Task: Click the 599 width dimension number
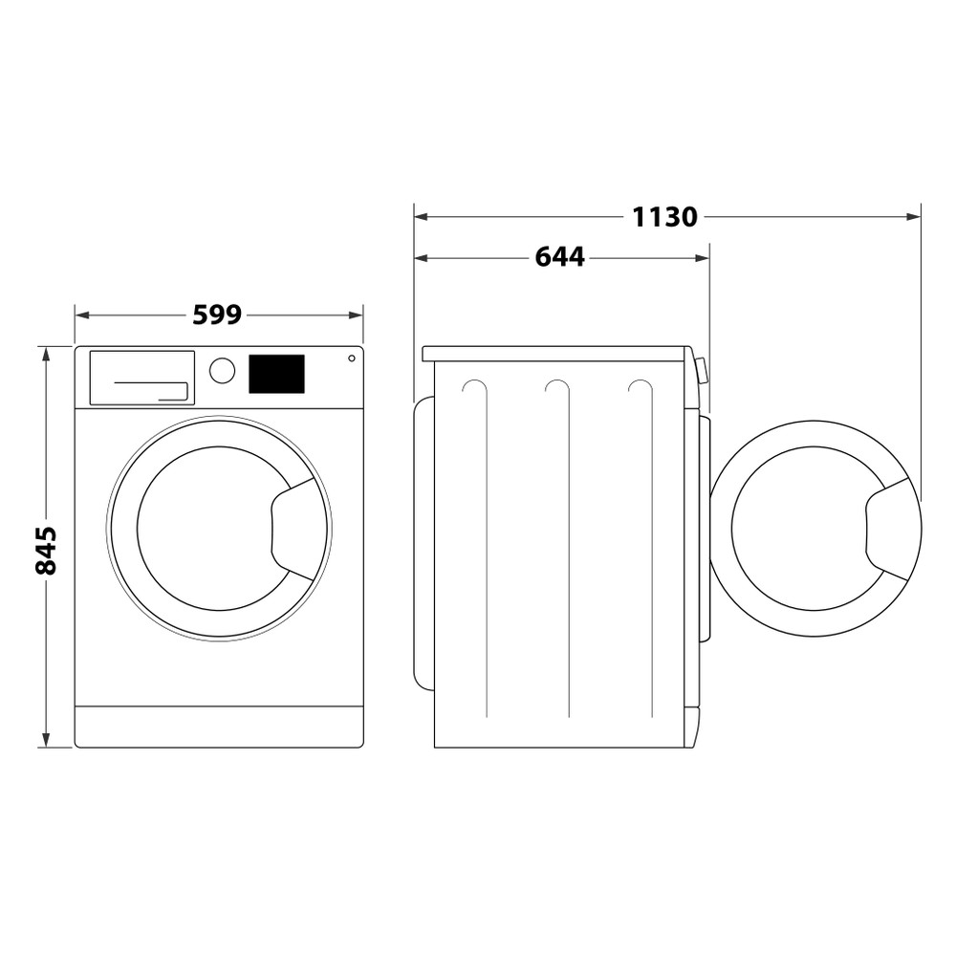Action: click(x=217, y=315)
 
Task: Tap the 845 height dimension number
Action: click(x=46, y=550)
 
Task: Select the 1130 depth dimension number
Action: click(x=664, y=217)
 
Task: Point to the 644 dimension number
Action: click(x=559, y=257)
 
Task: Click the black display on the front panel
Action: click(x=276, y=374)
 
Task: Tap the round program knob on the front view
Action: click(x=222, y=371)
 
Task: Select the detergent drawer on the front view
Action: click(x=141, y=377)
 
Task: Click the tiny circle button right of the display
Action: click(x=351, y=358)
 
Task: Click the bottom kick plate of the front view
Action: click(x=219, y=727)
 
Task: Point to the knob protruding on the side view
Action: click(x=703, y=370)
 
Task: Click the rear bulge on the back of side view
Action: click(x=423, y=542)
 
